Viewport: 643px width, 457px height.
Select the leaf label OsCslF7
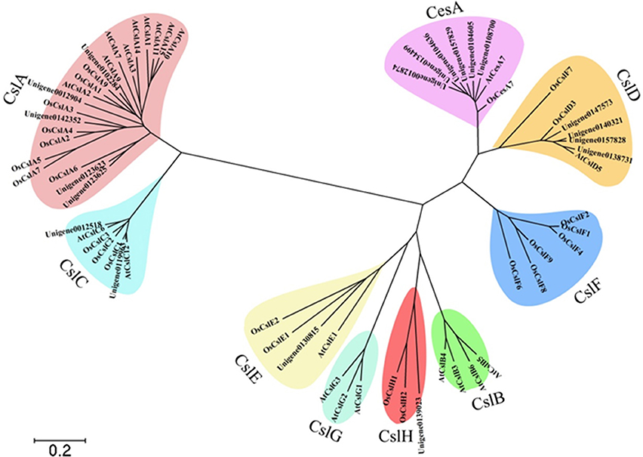562,99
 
